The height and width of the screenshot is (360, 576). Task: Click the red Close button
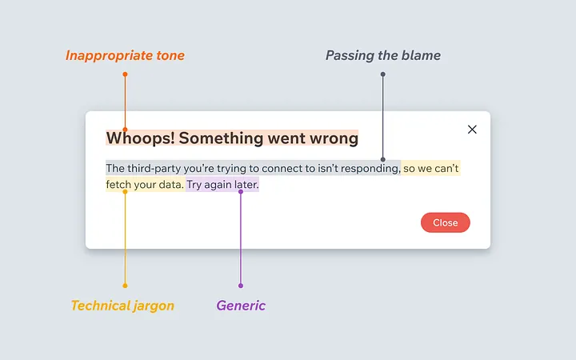[x=445, y=222]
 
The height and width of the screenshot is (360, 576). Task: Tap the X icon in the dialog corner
[x=472, y=130]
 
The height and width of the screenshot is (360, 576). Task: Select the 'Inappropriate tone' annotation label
[x=125, y=56]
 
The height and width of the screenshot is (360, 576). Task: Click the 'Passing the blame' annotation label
[x=382, y=56]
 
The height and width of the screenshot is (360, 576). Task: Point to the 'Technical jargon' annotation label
[x=122, y=306]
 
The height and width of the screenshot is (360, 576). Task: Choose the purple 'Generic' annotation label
[x=241, y=306]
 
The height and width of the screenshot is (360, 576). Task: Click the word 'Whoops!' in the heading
[x=140, y=138]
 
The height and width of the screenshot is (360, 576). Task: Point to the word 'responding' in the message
[x=370, y=169]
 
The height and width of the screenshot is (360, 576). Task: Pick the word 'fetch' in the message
[x=118, y=185]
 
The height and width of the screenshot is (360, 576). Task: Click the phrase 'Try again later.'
[x=222, y=185]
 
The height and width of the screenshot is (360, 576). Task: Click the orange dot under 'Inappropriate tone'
[x=125, y=74]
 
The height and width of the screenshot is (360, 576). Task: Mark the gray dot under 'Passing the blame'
[x=382, y=74]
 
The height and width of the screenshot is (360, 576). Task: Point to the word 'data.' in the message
[x=170, y=185]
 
